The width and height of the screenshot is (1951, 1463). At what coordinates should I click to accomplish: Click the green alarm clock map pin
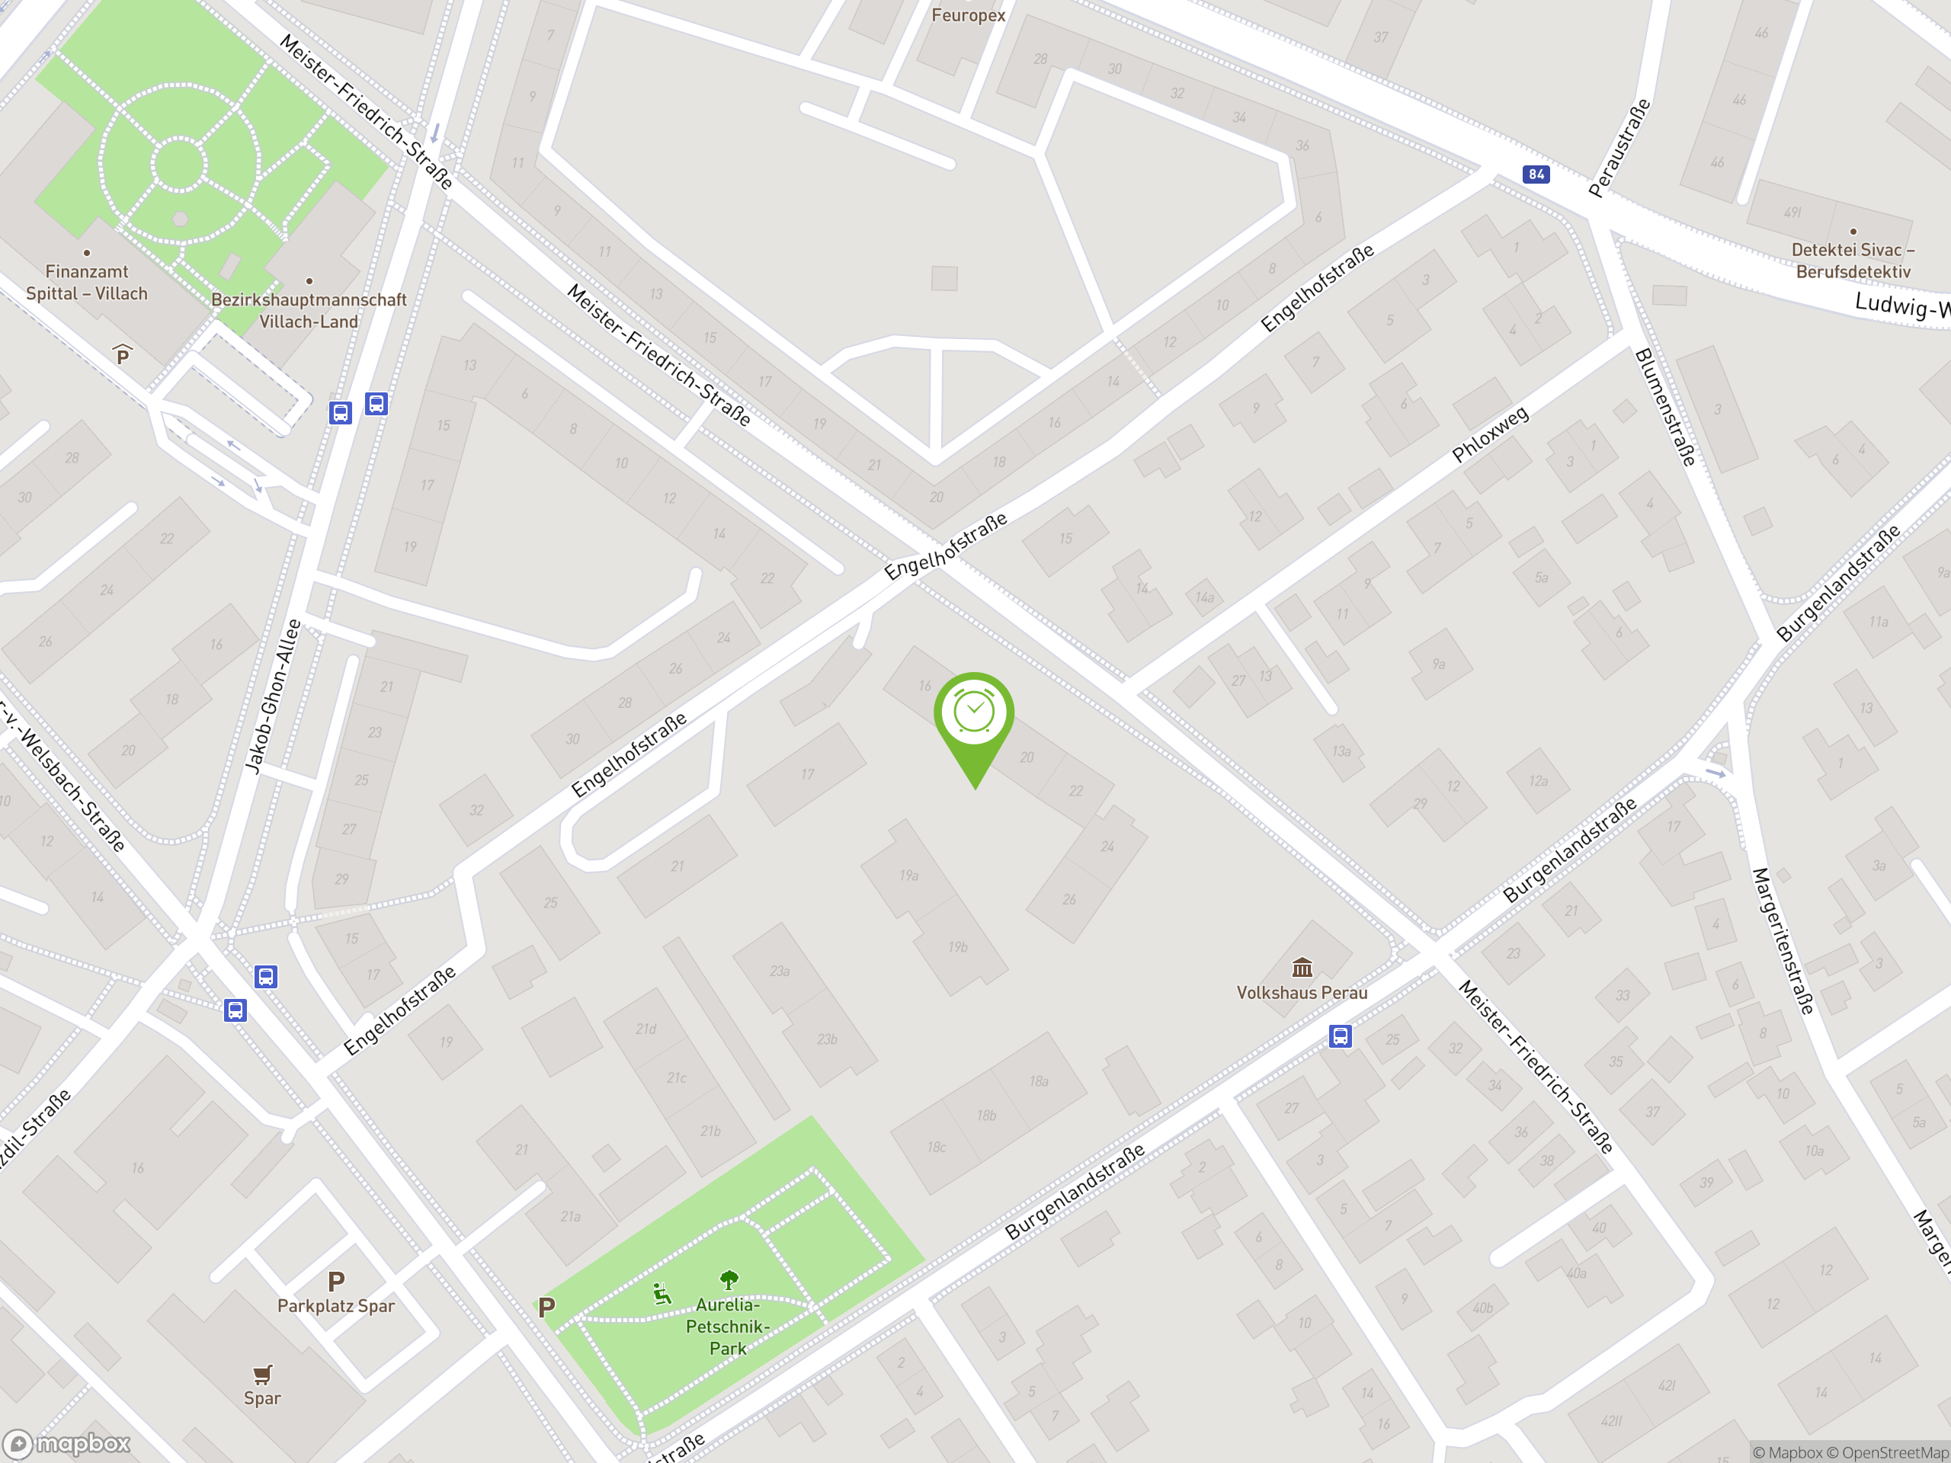pyautogui.click(x=974, y=713)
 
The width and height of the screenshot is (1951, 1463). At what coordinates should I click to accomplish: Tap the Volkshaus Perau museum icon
pyautogui.click(x=1302, y=968)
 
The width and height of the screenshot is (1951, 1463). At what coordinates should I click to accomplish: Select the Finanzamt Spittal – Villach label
pyautogui.click(x=86, y=282)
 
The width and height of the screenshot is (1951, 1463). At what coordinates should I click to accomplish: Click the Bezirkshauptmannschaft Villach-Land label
pyautogui.click(x=309, y=310)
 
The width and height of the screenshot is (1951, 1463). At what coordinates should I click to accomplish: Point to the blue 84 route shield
pyautogui.click(x=1536, y=174)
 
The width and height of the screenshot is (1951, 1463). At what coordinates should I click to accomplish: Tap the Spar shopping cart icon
pyautogui.click(x=262, y=1374)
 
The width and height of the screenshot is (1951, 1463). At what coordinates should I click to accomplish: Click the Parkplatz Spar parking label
pyautogui.click(x=336, y=1305)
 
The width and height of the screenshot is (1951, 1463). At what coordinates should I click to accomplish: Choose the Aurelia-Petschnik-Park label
pyautogui.click(x=728, y=1327)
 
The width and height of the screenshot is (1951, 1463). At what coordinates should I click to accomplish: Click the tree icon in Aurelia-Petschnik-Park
pyautogui.click(x=729, y=1279)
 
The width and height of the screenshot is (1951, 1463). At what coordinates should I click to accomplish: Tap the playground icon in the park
pyautogui.click(x=662, y=1294)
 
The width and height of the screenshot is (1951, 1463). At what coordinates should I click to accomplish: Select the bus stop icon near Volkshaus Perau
pyautogui.click(x=1340, y=1036)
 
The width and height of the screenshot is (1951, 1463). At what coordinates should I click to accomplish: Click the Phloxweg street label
pyautogui.click(x=1490, y=434)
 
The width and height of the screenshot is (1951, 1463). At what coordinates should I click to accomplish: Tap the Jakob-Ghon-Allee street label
pyautogui.click(x=273, y=696)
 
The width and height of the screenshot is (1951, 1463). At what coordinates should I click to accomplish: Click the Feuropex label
pyautogui.click(x=968, y=15)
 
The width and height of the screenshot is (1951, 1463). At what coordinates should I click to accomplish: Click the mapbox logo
pyautogui.click(x=67, y=1444)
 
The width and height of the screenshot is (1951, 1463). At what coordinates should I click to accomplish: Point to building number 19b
pyautogui.click(x=958, y=946)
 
